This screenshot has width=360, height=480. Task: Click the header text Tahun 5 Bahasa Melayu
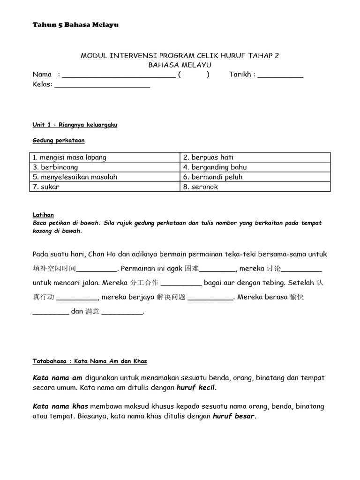pyautogui.click(x=75, y=25)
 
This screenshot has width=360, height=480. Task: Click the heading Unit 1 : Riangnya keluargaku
pyautogui.click(x=75, y=125)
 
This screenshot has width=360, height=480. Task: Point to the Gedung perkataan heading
pyautogui.click(x=59, y=141)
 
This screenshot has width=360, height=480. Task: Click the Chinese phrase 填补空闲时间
pyautogui.click(x=54, y=269)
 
